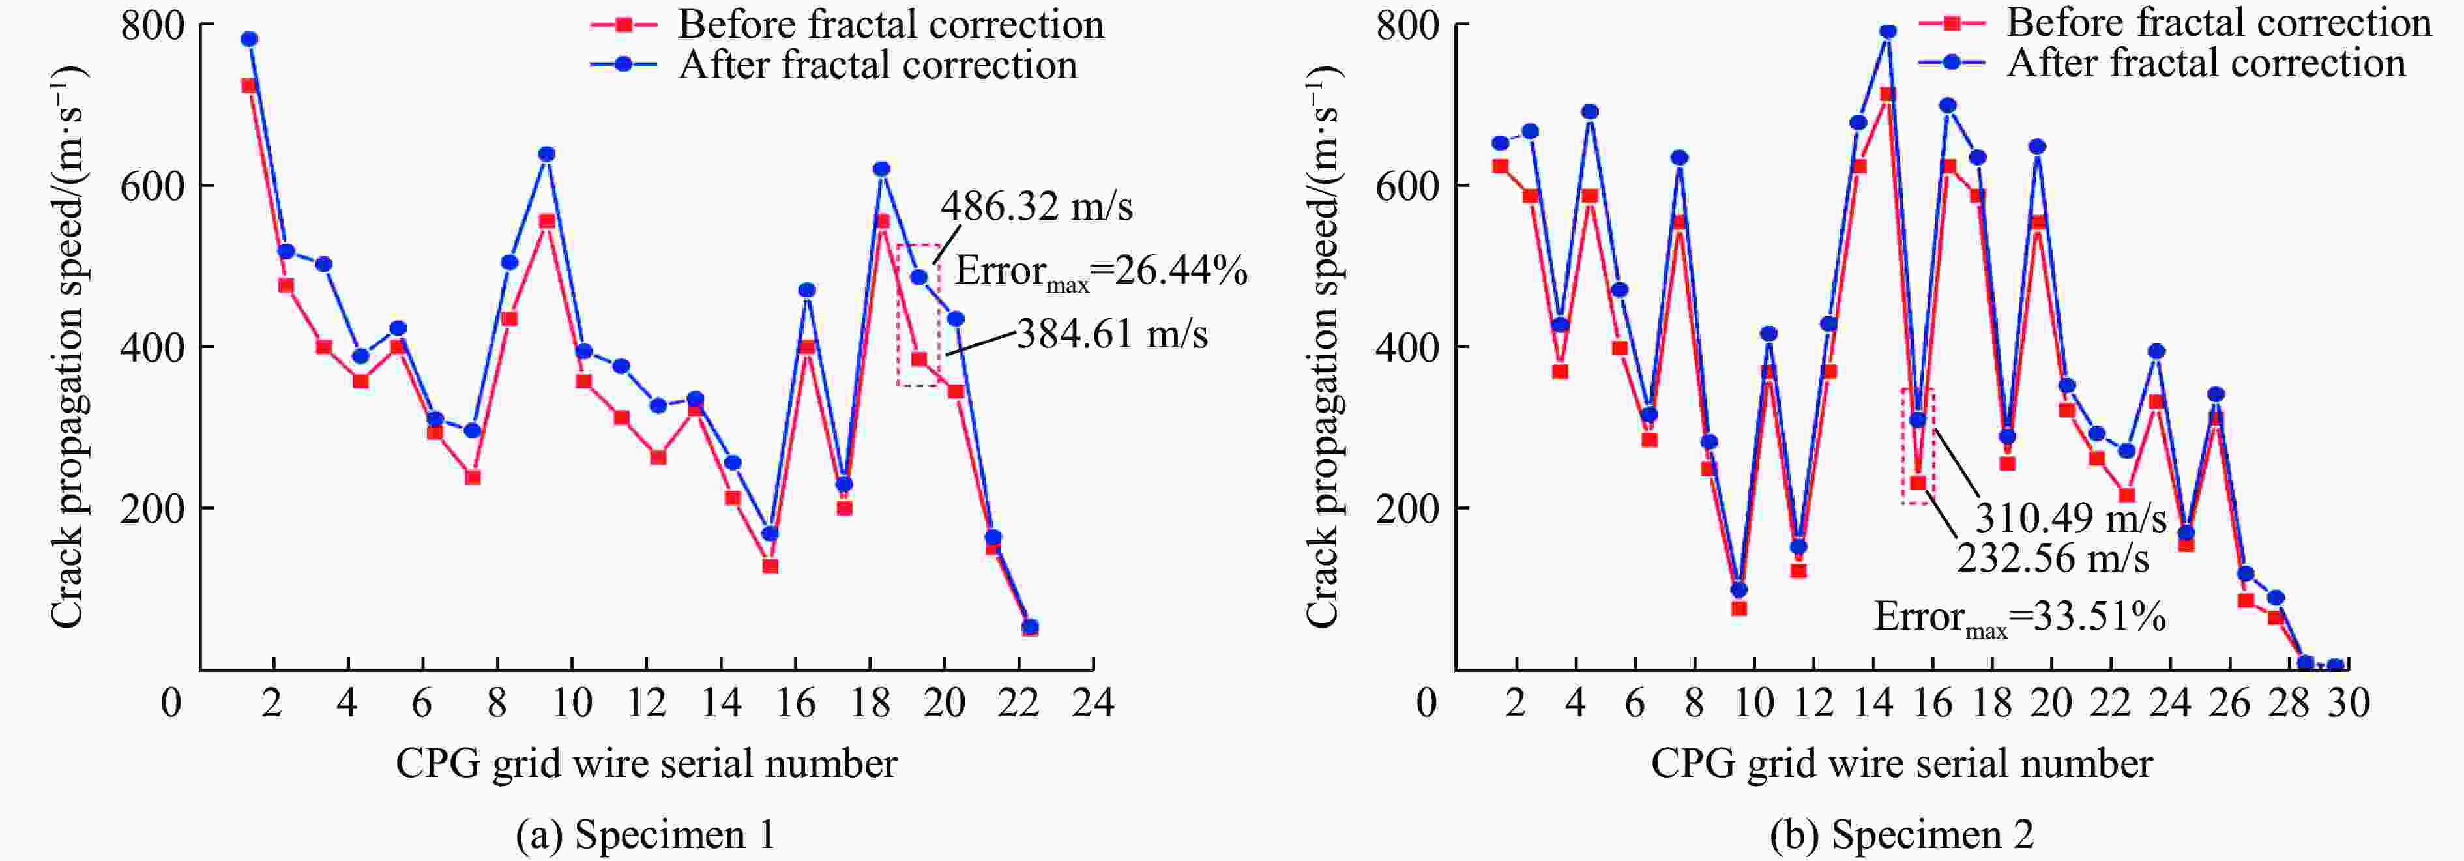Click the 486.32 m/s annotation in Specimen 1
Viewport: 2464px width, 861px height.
(x=1036, y=207)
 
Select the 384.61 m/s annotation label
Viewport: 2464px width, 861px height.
(x=1111, y=334)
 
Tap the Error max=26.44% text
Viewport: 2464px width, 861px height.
(x=1101, y=272)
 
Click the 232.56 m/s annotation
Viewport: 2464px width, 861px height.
(x=2053, y=558)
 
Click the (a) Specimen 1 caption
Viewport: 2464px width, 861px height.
(x=645, y=834)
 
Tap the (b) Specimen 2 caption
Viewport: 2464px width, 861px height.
(x=1901, y=834)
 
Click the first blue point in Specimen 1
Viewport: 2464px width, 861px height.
(x=250, y=39)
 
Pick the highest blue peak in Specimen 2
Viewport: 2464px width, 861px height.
(x=1887, y=31)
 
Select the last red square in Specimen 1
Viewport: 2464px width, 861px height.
(x=1030, y=628)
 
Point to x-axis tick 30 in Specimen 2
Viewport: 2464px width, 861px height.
(x=2347, y=704)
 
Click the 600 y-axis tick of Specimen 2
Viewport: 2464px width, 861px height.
(x=1406, y=186)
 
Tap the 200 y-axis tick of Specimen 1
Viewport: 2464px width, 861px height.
(x=151, y=508)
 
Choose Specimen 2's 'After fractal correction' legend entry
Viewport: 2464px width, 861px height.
(x=2205, y=64)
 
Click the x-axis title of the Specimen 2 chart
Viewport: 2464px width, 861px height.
(x=1901, y=763)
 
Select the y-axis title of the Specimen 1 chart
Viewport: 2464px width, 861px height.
(x=67, y=346)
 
